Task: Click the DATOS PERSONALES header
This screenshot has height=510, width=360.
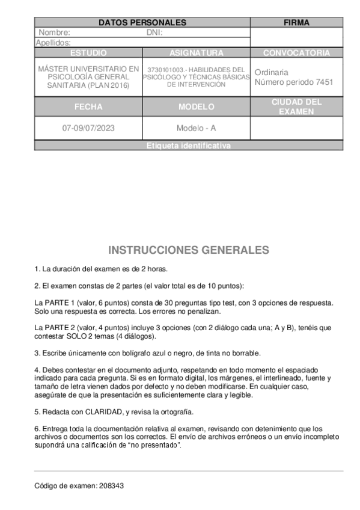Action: pyautogui.click(x=142, y=23)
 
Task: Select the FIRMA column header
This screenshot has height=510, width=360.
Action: pyautogui.click(x=296, y=23)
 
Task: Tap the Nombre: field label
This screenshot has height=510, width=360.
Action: pyautogui.click(x=55, y=32)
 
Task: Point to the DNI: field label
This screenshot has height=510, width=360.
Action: pyautogui.click(x=155, y=32)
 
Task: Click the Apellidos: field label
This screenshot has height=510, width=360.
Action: pyautogui.click(x=53, y=43)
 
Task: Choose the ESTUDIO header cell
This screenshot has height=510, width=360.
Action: pyautogui.click(x=88, y=53)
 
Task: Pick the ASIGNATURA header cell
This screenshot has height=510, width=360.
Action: pyautogui.click(x=196, y=53)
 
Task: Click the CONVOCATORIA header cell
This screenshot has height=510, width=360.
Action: pyautogui.click(x=296, y=53)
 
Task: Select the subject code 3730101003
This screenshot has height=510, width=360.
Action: pyautogui.click(x=163, y=70)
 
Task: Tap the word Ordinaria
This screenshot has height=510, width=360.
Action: pyautogui.click(x=272, y=72)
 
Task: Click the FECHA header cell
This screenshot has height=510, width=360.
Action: pyautogui.click(x=88, y=107)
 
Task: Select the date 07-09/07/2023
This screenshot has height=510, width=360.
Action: pyautogui.click(x=88, y=128)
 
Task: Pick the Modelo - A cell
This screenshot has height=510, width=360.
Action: pyautogui.click(x=196, y=128)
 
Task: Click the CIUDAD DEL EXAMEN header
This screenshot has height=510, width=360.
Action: pyautogui.click(x=296, y=106)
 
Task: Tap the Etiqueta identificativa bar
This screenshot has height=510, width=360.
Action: pyautogui.click(x=189, y=146)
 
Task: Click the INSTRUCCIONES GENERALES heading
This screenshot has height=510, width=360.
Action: pyautogui.click(x=189, y=250)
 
